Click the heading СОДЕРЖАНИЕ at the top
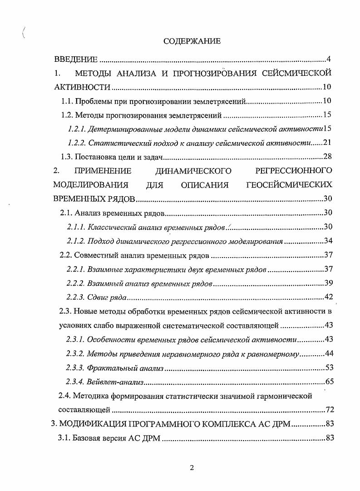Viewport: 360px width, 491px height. click(x=192, y=41)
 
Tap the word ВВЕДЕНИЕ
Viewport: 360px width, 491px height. click(x=76, y=59)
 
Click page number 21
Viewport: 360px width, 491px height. click(x=328, y=143)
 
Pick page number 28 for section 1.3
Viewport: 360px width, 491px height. click(x=328, y=157)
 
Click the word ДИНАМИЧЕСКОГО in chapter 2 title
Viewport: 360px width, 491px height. click(x=193, y=171)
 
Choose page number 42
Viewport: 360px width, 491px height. click(x=328, y=298)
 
